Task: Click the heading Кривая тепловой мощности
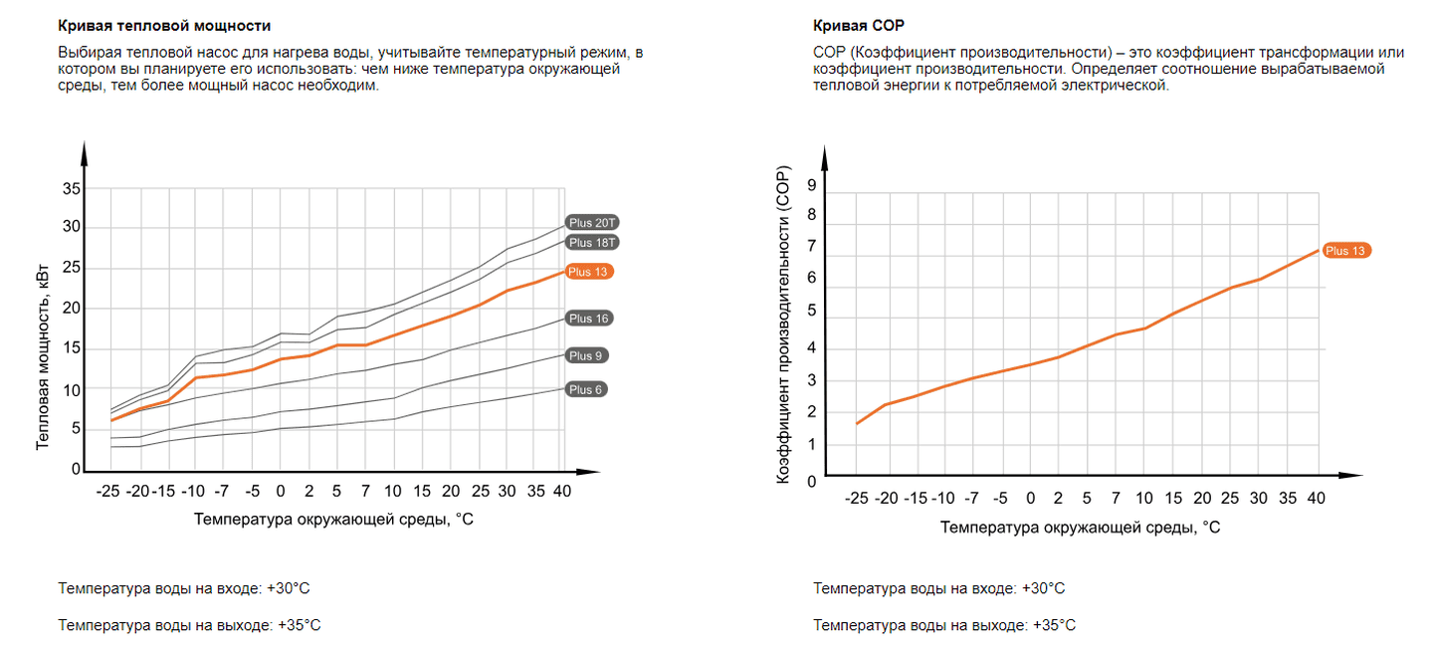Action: (164, 26)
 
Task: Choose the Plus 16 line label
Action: (588, 319)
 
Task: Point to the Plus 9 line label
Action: (586, 355)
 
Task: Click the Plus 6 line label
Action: (586, 389)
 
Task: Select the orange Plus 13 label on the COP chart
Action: (1345, 251)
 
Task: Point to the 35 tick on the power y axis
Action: (72, 188)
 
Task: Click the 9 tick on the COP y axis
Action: (812, 184)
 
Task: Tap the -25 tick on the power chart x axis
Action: (109, 491)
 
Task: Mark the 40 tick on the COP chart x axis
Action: (1317, 498)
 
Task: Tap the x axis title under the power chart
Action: (333, 519)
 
